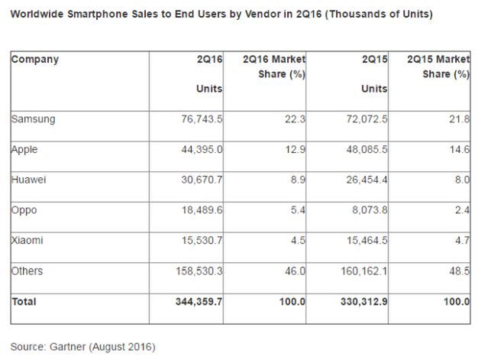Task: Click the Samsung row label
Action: [34, 119]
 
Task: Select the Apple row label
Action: [25, 150]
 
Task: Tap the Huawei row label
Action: [30, 180]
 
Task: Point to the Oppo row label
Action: [25, 211]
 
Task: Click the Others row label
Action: [29, 271]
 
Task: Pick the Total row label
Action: [24, 302]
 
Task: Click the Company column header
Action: [35, 59]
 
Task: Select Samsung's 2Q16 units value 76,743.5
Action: [201, 119]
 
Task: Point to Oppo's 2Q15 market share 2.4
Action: [462, 211]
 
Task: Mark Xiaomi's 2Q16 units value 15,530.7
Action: [201, 241]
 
